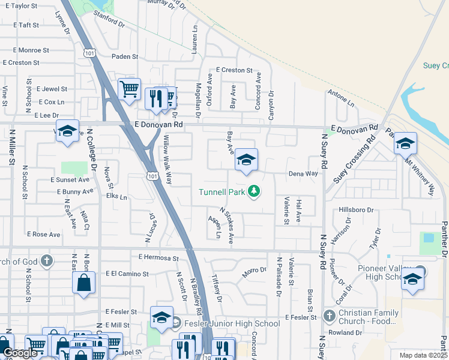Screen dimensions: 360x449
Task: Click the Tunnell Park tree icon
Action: [255, 191]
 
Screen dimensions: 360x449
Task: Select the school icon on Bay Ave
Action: [246, 160]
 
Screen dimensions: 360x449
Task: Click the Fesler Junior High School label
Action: [231, 323]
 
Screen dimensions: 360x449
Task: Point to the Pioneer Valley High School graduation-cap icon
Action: [412, 279]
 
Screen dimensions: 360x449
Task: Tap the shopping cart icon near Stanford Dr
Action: [129, 89]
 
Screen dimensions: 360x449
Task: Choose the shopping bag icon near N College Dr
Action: [83, 282]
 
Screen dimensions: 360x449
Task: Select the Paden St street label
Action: [125, 56]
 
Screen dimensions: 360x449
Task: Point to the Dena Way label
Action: [303, 173]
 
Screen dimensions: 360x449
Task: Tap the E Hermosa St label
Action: [158, 257]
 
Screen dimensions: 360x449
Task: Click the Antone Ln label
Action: [341, 99]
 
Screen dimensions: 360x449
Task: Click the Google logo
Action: [19, 353]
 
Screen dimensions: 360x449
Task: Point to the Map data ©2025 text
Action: [423, 355]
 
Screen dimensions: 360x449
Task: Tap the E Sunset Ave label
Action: [70, 179]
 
